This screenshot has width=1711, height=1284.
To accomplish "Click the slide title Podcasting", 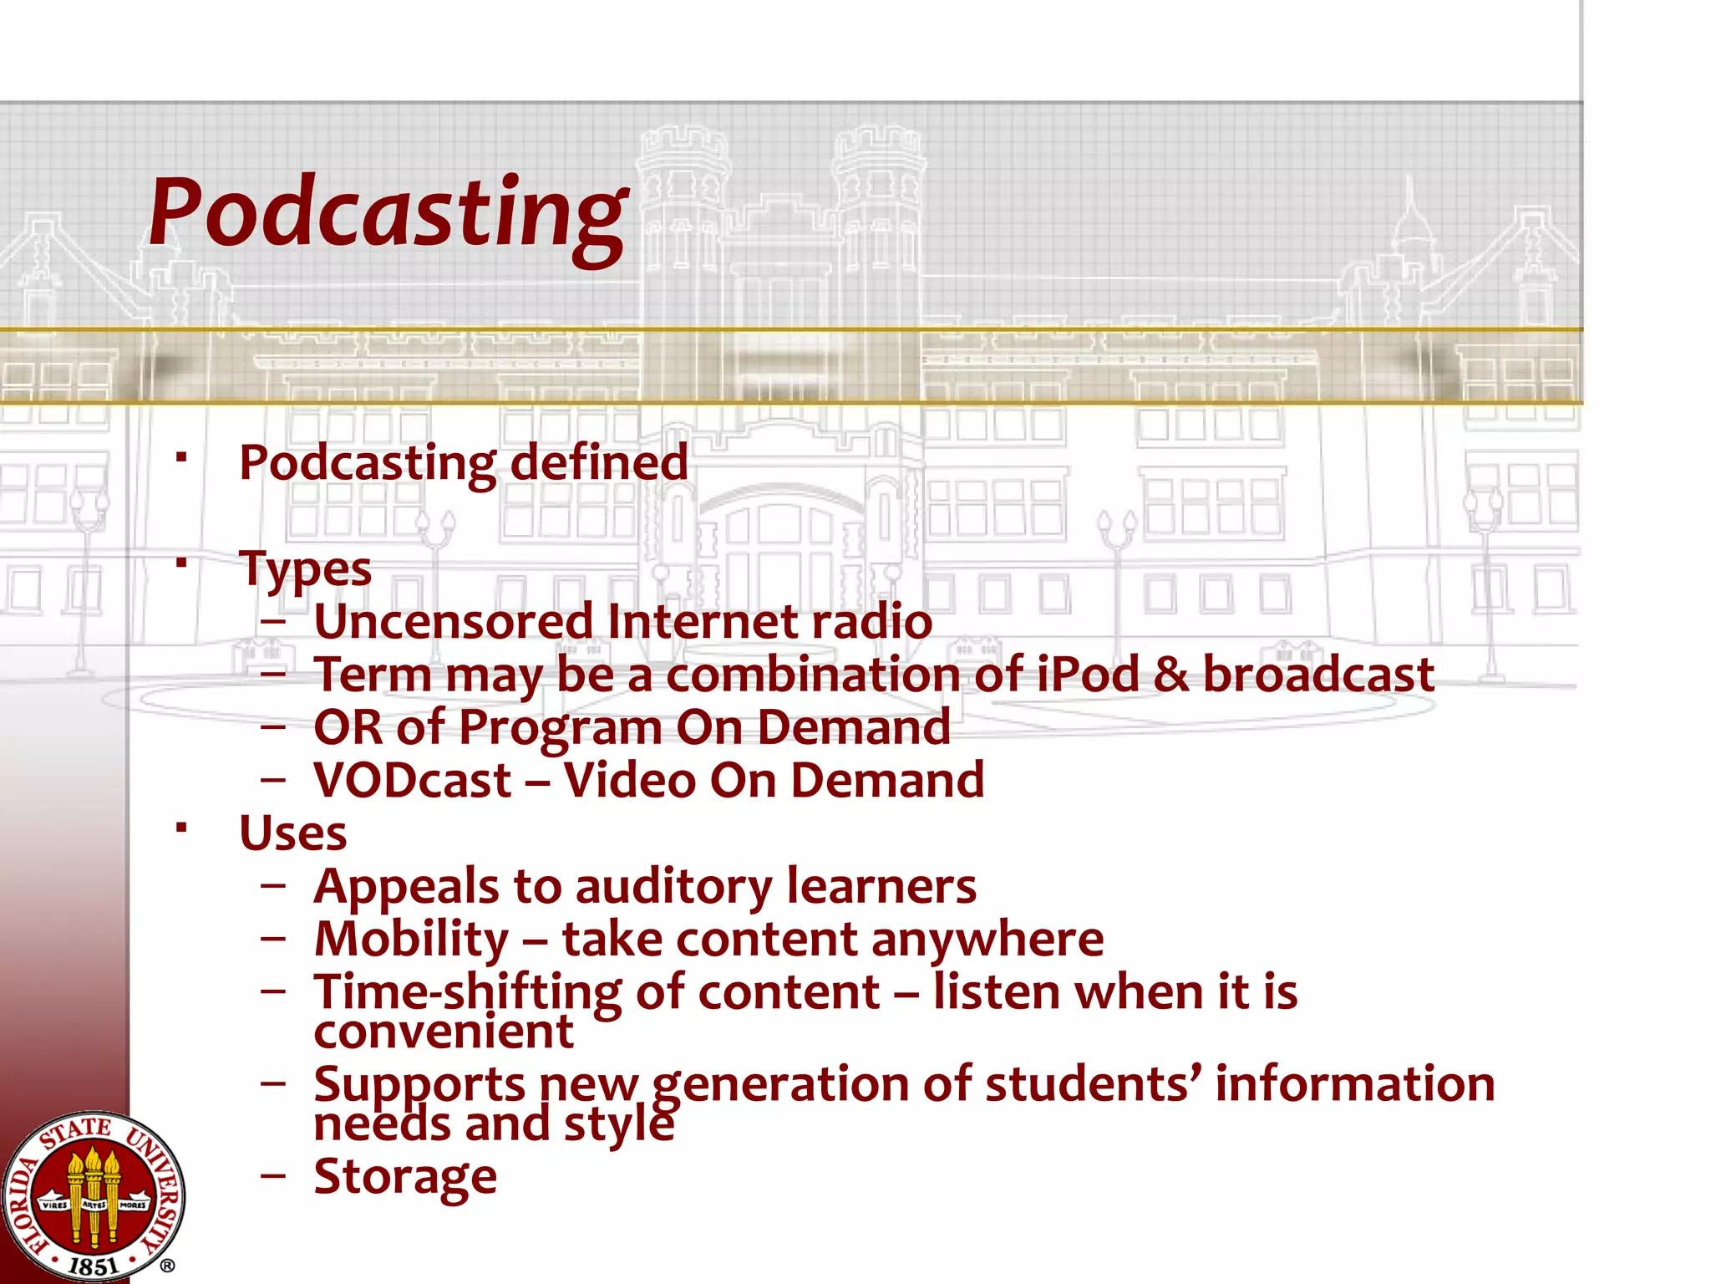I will click(x=387, y=213).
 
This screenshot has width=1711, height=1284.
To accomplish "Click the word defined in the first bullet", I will click(x=599, y=462).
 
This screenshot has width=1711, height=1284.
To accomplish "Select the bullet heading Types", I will click(x=305, y=569).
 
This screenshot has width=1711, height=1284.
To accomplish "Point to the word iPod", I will click(x=1088, y=675).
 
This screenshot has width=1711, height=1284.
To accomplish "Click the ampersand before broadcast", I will click(x=1170, y=675).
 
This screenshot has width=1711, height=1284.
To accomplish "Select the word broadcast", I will click(x=1318, y=675).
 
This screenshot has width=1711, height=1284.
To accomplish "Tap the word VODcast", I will click(x=413, y=781).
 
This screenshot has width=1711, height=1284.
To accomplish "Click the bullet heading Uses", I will click(x=292, y=833).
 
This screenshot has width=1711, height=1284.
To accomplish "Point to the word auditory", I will click(x=673, y=886).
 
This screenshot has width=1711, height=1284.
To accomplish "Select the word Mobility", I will click(x=411, y=939).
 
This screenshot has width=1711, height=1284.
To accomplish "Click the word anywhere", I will click(x=987, y=939).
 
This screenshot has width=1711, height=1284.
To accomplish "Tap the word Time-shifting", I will click(x=467, y=992).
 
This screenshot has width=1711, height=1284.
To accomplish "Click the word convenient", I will click(x=443, y=1032).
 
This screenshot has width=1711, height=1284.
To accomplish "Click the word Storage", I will click(x=405, y=1177).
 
